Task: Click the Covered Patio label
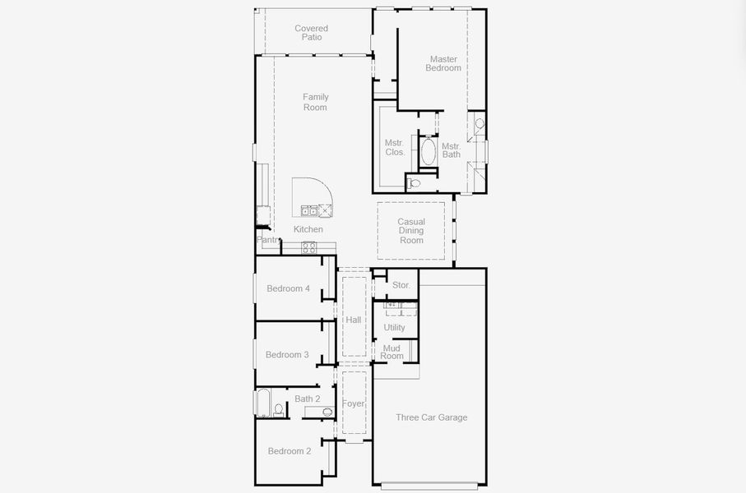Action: [311, 33]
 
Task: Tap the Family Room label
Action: [315, 102]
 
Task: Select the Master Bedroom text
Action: [443, 63]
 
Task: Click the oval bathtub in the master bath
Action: [429, 152]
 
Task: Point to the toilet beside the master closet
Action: [415, 183]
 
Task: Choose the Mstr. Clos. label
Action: [395, 147]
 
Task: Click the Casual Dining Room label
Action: [411, 231]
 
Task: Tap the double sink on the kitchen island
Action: [309, 210]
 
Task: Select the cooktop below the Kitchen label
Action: [309, 246]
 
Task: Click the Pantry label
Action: [268, 240]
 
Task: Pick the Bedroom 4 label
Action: [288, 288]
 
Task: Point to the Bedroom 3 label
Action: [287, 355]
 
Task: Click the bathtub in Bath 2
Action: [263, 403]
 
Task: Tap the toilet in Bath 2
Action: [279, 409]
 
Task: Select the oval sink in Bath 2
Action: [327, 412]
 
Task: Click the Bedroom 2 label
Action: [289, 451]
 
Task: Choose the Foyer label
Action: [354, 403]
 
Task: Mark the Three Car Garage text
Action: [431, 417]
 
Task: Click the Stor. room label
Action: [401, 285]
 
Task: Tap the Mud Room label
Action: [392, 352]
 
